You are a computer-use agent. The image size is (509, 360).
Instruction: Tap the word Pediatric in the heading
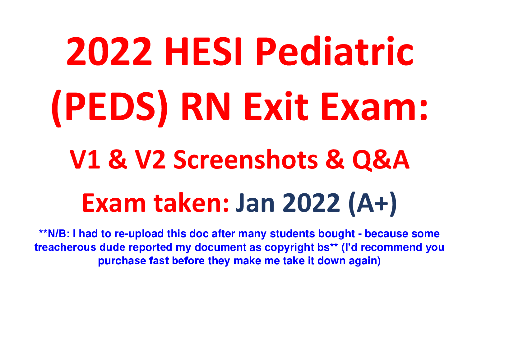point(335,51)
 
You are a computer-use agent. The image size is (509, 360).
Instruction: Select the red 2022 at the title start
point(109,51)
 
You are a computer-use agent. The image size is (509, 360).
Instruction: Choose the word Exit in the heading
point(276,106)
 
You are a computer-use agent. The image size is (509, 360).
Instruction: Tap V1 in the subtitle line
point(85,160)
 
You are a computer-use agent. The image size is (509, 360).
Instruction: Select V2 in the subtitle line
point(150,160)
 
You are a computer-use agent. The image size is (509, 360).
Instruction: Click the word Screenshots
point(246,159)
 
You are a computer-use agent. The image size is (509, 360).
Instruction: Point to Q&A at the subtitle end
point(381,160)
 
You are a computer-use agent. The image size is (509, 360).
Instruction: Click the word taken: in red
point(191,203)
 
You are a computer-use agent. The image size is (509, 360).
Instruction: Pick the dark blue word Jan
point(255,203)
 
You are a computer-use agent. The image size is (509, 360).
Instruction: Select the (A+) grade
point(373,204)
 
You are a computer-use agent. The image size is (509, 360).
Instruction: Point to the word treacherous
point(65,247)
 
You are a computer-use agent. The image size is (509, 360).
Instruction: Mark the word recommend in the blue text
point(391,247)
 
